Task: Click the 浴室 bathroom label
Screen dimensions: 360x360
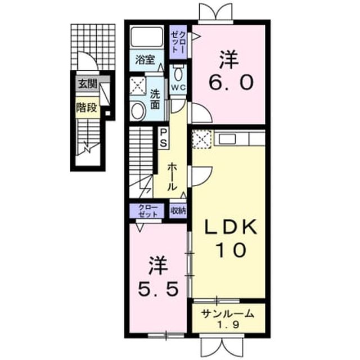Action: point(145,60)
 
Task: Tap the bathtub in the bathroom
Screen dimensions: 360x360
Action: point(146,37)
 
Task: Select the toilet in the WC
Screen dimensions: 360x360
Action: point(178,73)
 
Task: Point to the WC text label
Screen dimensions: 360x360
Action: point(178,88)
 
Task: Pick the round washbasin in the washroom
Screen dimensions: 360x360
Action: point(138,111)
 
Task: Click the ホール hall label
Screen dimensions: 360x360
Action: point(171,177)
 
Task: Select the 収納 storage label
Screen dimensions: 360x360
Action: point(178,210)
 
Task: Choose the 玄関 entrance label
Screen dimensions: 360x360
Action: point(88,84)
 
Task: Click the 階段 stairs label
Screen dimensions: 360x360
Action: point(87,107)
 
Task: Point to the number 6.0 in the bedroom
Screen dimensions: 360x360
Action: point(231,83)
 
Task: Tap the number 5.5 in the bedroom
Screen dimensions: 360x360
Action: point(158,289)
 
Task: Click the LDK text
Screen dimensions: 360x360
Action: point(230,227)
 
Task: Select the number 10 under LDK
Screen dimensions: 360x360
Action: point(231,250)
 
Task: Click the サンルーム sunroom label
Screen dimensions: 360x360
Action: point(227,314)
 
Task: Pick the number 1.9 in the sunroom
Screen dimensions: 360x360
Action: point(228,325)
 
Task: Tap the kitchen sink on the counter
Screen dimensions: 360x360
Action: point(227,138)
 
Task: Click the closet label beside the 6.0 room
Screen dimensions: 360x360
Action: point(178,43)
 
